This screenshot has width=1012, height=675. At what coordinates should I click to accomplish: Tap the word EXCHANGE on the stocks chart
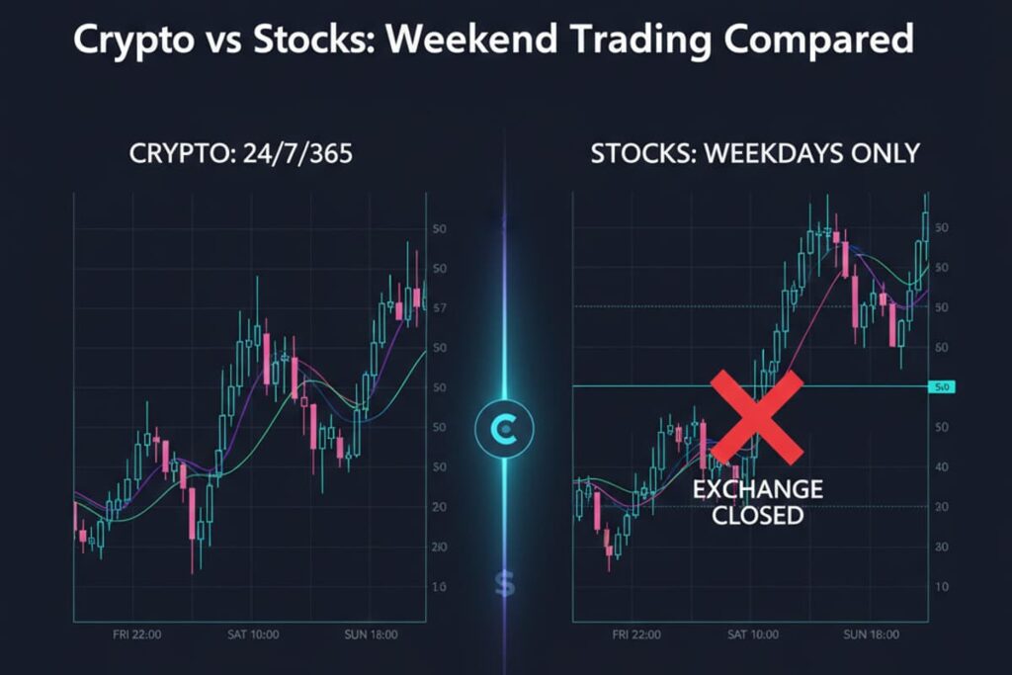(x=757, y=489)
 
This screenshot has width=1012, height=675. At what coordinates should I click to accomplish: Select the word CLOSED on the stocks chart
(x=757, y=515)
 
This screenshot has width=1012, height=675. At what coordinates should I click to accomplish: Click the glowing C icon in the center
(x=504, y=428)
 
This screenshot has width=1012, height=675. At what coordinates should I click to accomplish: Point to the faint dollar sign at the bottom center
(x=505, y=585)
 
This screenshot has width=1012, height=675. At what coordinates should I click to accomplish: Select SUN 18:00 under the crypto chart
(x=371, y=634)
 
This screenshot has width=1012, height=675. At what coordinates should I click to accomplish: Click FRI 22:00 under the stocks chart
(x=636, y=634)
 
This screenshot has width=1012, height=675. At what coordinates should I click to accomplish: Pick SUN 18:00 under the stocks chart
(x=872, y=634)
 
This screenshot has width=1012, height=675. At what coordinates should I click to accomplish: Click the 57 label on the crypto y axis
(x=440, y=308)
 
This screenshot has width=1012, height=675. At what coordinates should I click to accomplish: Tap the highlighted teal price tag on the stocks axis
(x=941, y=387)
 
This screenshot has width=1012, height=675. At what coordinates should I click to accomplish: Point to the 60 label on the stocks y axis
(x=941, y=348)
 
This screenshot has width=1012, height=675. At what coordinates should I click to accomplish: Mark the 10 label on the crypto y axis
(x=440, y=587)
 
